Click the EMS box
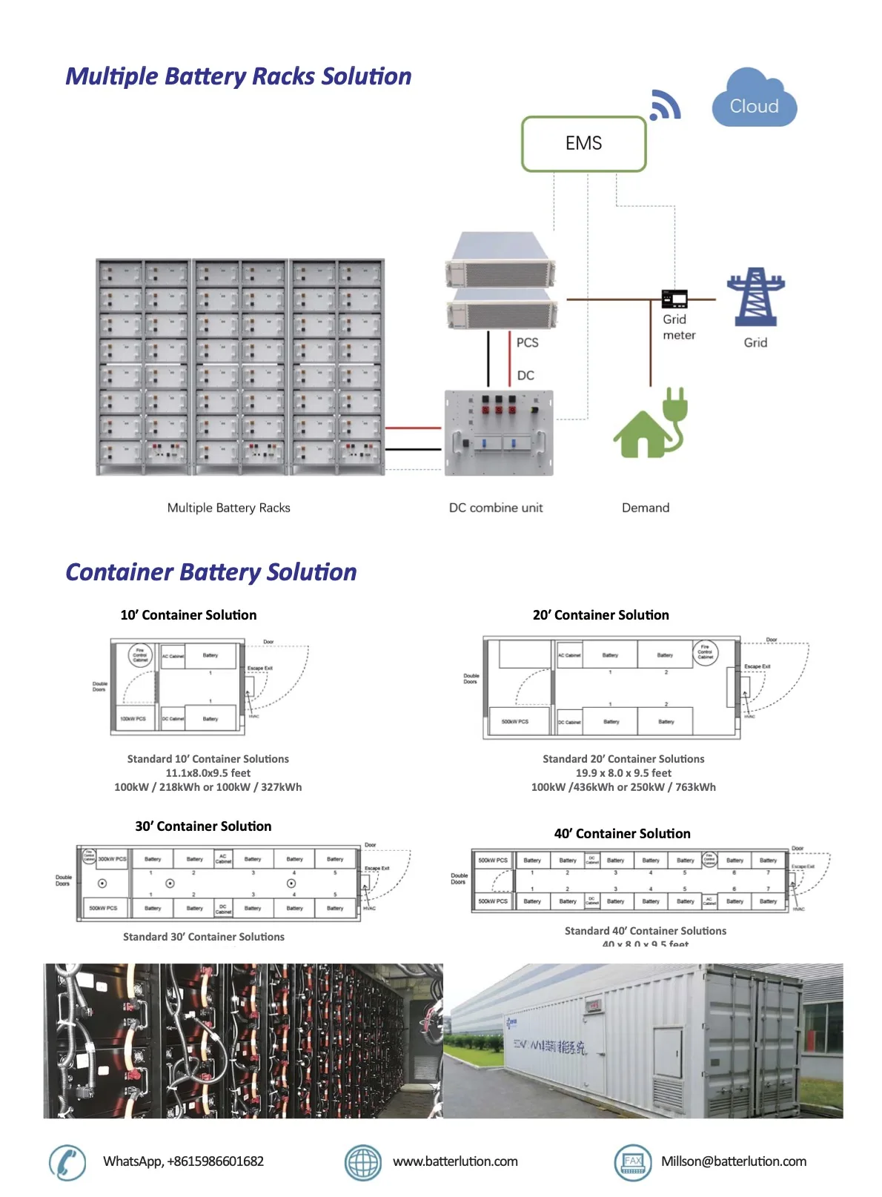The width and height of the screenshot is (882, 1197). (583, 144)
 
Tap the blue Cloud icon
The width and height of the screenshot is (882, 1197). (754, 100)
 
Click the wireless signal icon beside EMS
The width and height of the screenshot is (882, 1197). (665, 105)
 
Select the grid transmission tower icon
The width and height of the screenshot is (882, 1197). (755, 296)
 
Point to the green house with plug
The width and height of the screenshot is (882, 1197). (649, 424)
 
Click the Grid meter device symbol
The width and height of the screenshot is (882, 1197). (674, 299)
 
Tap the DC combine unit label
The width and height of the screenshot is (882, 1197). (495, 508)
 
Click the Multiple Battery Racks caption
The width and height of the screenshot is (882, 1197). (228, 508)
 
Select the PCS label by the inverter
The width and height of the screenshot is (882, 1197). (527, 342)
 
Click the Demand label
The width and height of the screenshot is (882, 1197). (645, 508)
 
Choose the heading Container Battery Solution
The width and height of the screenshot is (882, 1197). (211, 572)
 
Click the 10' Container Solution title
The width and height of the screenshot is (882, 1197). (188, 615)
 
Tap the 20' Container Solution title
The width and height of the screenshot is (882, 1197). (600, 615)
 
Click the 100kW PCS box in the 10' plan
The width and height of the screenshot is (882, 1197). (133, 719)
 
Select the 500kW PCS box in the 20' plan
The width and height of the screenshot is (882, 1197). (515, 721)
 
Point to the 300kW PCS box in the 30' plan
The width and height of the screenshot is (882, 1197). (112, 859)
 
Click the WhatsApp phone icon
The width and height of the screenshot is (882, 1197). (67, 1161)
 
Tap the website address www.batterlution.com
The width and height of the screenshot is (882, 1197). (455, 1161)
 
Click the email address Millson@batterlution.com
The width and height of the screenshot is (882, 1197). (733, 1161)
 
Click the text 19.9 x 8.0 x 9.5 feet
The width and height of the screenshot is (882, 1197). (623, 773)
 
